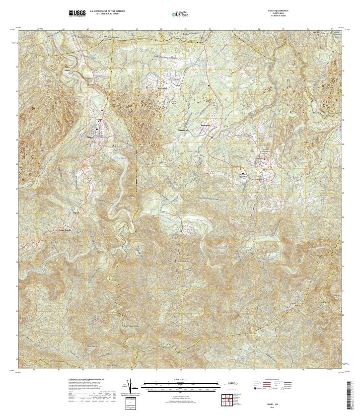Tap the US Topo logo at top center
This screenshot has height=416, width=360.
coord(180,13)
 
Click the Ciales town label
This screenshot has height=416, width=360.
coord(90,137)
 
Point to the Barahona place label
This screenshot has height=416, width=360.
coord(149,89)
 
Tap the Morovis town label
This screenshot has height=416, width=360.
coord(260,158)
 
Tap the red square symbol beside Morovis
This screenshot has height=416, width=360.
coord(265,159)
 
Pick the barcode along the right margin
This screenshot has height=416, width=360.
coord(353,392)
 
